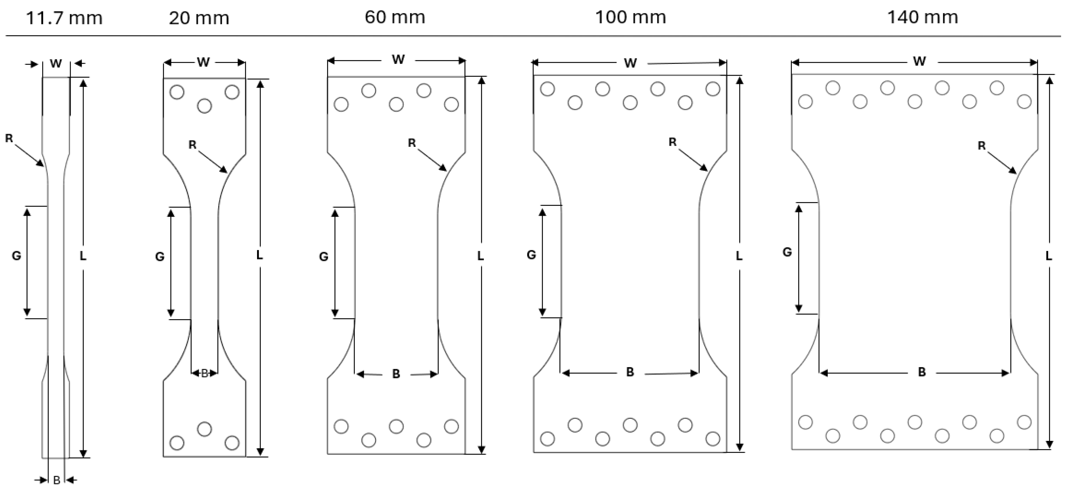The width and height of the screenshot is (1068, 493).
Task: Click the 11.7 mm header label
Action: (64, 18)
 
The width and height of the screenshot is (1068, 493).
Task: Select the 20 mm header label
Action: (199, 18)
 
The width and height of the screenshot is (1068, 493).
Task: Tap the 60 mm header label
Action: (395, 17)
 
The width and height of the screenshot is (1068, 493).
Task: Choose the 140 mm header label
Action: (923, 17)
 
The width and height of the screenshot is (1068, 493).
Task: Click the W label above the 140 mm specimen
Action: (919, 61)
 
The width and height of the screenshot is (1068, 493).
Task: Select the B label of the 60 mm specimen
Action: (396, 374)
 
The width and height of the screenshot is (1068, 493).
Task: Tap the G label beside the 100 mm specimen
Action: (531, 255)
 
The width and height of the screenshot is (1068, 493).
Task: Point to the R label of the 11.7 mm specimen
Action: (9, 138)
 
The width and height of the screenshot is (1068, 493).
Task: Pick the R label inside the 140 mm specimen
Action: (981, 145)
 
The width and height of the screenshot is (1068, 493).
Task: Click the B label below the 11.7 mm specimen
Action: (57, 480)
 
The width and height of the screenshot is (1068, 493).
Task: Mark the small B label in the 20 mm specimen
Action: (204, 374)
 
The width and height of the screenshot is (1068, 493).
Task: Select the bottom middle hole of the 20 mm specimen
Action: (204, 429)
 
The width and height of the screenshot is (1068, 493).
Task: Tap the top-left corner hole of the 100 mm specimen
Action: (547, 89)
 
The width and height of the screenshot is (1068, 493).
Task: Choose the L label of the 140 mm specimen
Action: (1048, 256)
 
